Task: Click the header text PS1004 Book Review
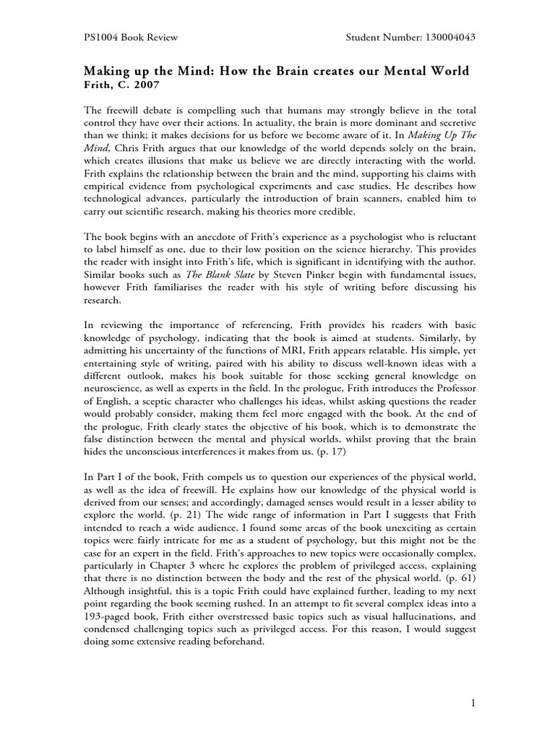(131, 37)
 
